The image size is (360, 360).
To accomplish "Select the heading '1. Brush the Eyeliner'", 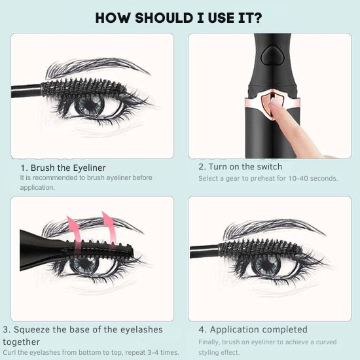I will pyautogui.click(x=63, y=168).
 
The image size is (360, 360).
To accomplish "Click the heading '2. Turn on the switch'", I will pyautogui.click(x=240, y=166).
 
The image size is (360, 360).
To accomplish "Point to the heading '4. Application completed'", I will pyautogui.click(x=253, y=329).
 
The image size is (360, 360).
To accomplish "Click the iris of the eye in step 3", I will pyautogui.click(x=83, y=265).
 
